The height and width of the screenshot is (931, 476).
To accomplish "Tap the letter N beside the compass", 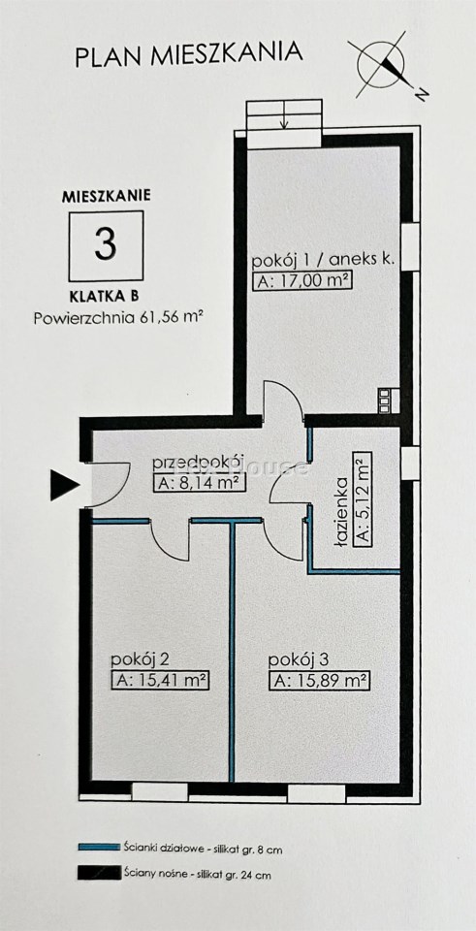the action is pyautogui.click(x=422, y=94).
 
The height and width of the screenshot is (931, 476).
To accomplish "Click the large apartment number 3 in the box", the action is pyautogui.click(x=106, y=245).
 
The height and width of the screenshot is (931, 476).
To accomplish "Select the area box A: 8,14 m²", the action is pyautogui.click(x=200, y=483).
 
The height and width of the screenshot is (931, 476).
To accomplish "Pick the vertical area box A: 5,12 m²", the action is pyautogui.click(x=362, y=498).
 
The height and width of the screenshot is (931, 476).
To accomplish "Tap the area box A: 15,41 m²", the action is pyautogui.click(x=162, y=681).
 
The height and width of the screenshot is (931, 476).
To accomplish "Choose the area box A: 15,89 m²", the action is pyautogui.click(x=319, y=681).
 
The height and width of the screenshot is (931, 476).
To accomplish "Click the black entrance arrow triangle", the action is pyautogui.click(x=64, y=485).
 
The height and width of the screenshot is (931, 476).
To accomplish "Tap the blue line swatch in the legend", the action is pyautogui.click(x=99, y=848).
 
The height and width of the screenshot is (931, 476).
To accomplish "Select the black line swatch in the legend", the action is pyautogui.click(x=99, y=873).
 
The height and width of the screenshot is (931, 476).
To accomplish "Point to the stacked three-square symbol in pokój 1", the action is pyautogui.click(x=386, y=400).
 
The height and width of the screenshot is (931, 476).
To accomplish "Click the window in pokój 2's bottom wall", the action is pyautogui.click(x=160, y=792).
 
